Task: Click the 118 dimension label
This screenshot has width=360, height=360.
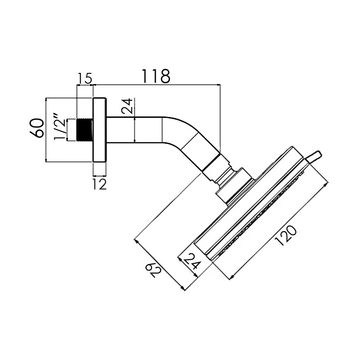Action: click(x=156, y=76)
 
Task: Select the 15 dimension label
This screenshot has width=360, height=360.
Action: click(x=85, y=78)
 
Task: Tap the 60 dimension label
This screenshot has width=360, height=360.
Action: click(x=38, y=128)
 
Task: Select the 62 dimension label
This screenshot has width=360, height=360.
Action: click(x=154, y=270)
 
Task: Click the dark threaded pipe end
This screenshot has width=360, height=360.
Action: click(x=85, y=130)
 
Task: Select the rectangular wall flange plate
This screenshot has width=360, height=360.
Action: click(x=99, y=130)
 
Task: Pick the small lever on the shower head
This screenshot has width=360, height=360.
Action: click(x=314, y=157)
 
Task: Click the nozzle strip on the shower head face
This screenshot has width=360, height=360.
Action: click(x=261, y=216)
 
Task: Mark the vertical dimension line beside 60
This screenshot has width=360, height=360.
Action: click(x=46, y=130)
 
